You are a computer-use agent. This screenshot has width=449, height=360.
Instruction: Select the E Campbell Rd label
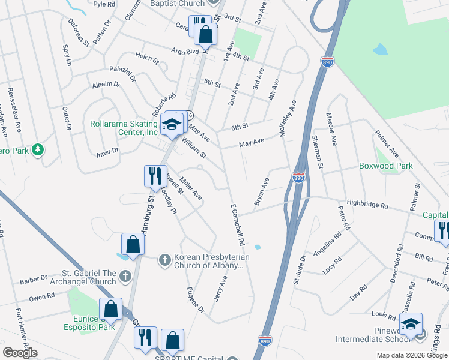238,226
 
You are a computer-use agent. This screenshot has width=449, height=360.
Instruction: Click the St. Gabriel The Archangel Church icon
125,276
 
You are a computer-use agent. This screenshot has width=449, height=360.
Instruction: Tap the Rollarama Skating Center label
124,128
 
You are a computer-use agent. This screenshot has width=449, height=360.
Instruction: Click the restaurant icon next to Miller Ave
155,176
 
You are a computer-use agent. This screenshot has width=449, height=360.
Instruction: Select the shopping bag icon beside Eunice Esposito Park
111,310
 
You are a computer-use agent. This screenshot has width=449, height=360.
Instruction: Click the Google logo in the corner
20,353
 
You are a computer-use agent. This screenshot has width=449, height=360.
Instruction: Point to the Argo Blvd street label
185,52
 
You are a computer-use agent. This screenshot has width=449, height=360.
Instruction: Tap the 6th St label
240,126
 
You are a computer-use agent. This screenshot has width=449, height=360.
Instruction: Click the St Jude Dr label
299,269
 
